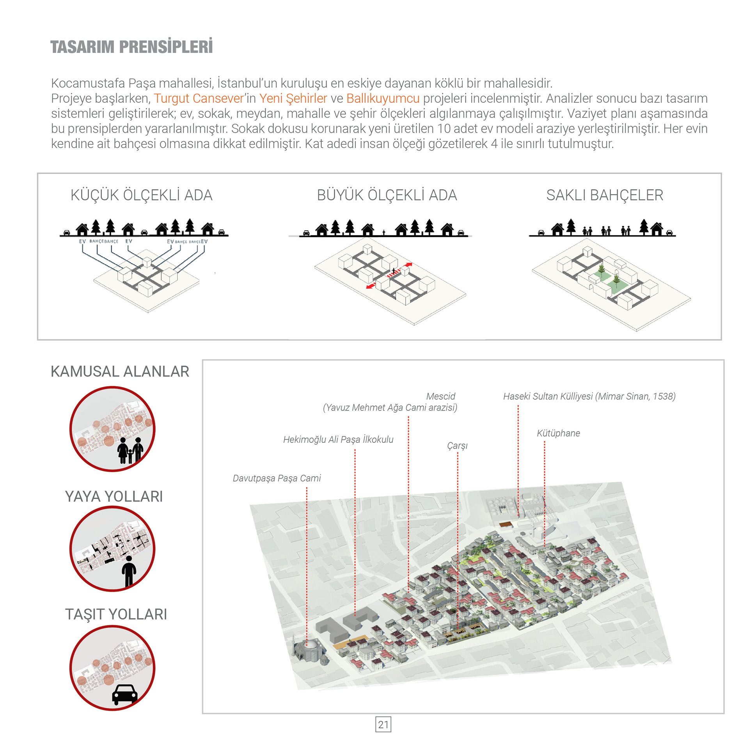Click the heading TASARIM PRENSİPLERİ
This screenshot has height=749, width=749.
point(131,47)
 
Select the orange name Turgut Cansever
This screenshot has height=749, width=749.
point(199,98)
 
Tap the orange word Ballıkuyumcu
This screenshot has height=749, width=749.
point(383,98)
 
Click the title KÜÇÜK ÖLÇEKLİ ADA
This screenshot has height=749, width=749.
point(141,195)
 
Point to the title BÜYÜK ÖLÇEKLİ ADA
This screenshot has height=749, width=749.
point(387,195)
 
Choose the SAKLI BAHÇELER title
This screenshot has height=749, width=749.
point(604,195)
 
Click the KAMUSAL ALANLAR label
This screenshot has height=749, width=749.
point(120,371)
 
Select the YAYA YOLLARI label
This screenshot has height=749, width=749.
point(114,497)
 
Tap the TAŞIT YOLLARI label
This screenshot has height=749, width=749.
point(116,614)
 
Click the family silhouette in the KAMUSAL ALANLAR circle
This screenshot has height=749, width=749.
point(130,450)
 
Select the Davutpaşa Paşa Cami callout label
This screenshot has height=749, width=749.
point(277,478)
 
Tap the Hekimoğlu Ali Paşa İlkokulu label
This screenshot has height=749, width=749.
point(338,440)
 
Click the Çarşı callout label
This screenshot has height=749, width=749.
point(457,445)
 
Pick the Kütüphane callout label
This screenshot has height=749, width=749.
point(558,433)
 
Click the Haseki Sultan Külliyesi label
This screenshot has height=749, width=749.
point(589,396)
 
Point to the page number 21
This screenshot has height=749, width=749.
point(383,724)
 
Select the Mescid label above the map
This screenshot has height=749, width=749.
point(440,396)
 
